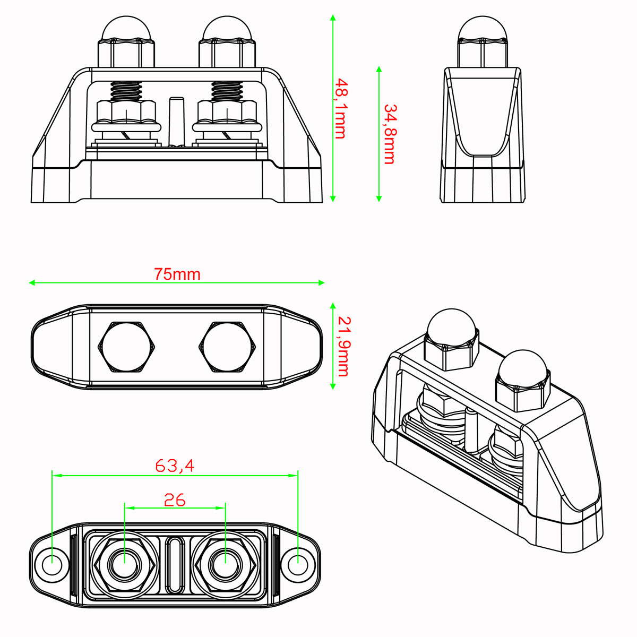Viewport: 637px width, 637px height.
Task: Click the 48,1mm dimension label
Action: tap(341, 108)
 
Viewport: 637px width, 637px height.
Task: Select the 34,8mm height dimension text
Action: tap(390, 134)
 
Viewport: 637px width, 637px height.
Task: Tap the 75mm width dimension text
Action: tap(177, 274)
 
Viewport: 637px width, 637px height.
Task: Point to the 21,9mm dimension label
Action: tap(344, 347)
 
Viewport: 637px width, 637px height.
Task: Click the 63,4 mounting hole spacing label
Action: tap(175, 466)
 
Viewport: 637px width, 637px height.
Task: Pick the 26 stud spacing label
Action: tap(175, 500)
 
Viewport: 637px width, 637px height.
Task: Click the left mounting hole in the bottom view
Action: tap(52, 565)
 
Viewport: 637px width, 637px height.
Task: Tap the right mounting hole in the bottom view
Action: tap(298, 565)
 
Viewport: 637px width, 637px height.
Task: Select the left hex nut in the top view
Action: tap(126, 347)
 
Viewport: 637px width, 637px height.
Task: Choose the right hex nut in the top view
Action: tap(227, 347)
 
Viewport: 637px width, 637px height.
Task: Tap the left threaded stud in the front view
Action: tap(126, 91)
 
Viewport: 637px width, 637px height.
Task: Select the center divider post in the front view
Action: tap(177, 122)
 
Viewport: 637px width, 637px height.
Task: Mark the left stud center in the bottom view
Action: tap(125, 565)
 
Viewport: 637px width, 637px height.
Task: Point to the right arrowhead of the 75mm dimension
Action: tap(321, 282)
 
